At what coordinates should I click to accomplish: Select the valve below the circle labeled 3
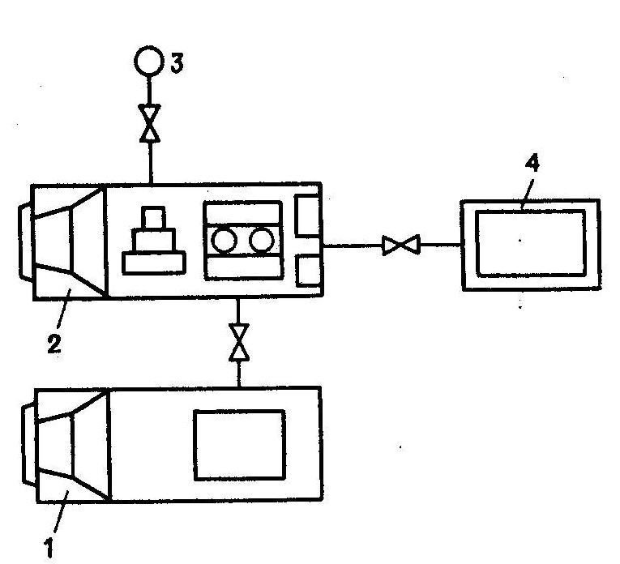(149, 125)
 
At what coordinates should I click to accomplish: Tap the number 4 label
(531, 164)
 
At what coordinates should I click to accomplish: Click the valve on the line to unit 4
(400, 243)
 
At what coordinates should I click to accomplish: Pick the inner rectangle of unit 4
(530, 243)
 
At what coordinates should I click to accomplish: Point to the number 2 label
(53, 344)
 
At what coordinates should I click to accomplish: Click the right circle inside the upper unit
(262, 240)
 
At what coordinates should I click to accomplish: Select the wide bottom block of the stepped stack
(153, 263)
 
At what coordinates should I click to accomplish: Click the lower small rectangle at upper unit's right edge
(308, 270)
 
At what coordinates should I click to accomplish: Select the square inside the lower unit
(239, 444)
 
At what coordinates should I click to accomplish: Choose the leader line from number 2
(62, 315)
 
